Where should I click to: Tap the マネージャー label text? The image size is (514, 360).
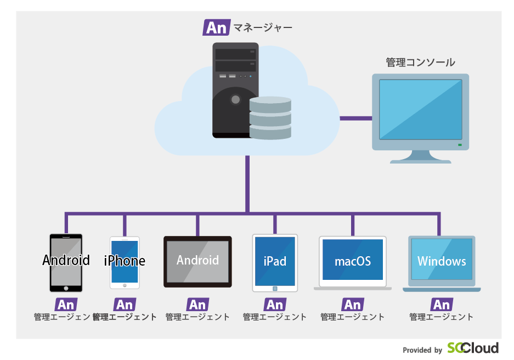click(x=263, y=27)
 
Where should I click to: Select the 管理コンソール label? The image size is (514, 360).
click(x=420, y=62)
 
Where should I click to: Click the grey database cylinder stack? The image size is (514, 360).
click(x=270, y=117)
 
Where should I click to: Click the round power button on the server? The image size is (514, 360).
click(x=235, y=99)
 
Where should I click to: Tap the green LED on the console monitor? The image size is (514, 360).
click(x=460, y=145)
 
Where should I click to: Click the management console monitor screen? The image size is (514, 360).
click(x=420, y=109)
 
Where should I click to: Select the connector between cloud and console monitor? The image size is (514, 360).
click(x=355, y=117)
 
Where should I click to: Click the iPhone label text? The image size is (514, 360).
click(x=125, y=261)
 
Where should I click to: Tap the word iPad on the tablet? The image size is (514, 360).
click(x=275, y=261)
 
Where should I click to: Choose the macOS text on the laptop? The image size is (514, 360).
click(x=353, y=261)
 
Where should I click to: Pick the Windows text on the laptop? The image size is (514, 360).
click(x=442, y=261)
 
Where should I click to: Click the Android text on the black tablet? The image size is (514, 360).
click(x=197, y=260)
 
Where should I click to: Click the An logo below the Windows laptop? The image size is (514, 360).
click(x=442, y=305)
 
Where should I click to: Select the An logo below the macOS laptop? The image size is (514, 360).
click(x=353, y=305)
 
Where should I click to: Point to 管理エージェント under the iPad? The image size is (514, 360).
click(x=275, y=317)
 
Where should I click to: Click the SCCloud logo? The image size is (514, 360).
click(x=473, y=348)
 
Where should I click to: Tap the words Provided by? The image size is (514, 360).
click(x=422, y=350)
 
